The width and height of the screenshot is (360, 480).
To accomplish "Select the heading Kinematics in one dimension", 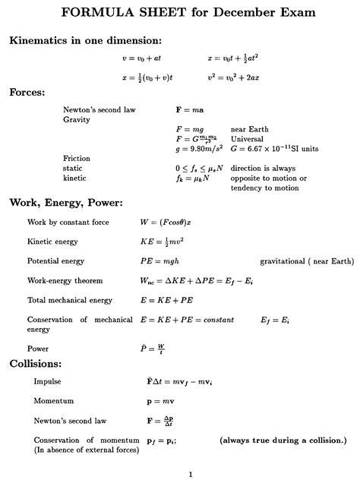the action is pos(85,39).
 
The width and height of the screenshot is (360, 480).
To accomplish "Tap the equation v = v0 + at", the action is pos(142,58).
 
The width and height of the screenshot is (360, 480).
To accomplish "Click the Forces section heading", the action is pos(27,93).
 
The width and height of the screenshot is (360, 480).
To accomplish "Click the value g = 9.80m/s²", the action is pos(197,149).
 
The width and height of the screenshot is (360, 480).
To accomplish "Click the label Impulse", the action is pos(47,381).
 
